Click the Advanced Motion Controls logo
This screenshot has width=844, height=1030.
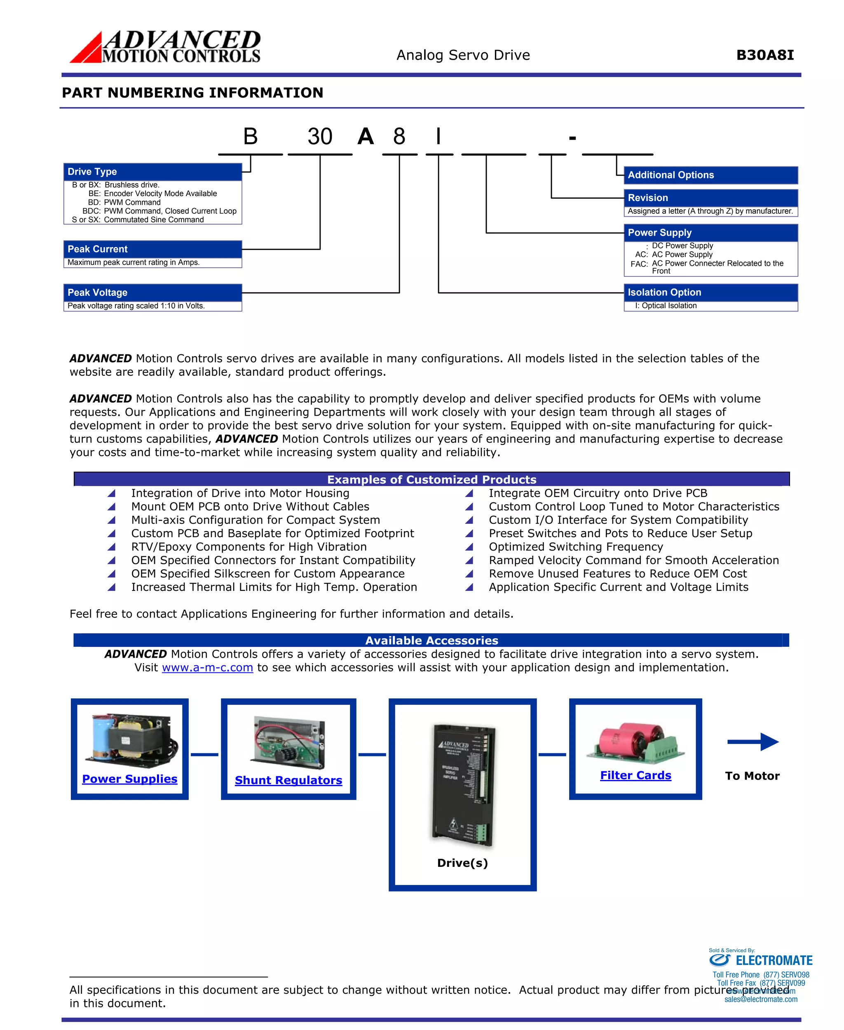pyautogui.click(x=165, y=47)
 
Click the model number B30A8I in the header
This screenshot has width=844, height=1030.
pyautogui.click(x=765, y=55)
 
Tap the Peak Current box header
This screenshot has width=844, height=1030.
pyautogui.click(x=152, y=249)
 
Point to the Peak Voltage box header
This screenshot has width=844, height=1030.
pyautogui.click(x=152, y=293)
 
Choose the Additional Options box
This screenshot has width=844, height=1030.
pyautogui.click(x=710, y=175)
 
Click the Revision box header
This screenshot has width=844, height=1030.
pyautogui.click(x=710, y=198)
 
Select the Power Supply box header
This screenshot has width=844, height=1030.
pyautogui.click(x=710, y=233)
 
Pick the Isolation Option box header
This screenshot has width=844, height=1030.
pyautogui.click(x=710, y=293)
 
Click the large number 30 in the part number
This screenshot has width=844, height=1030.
pyautogui.click(x=320, y=137)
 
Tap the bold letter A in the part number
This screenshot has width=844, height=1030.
pyautogui.click(x=366, y=137)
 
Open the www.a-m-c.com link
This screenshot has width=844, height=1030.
pyautogui.click(x=208, y=668)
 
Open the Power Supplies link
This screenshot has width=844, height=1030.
pyautogui.click(x=130, y=779)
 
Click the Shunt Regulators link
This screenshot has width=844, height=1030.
pyautogui.click(x=288, y=781)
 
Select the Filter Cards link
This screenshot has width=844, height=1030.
pyautogui.click(x=635, y=776)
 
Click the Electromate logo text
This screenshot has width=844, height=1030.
pyautogui.click(x=774, y=960)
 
